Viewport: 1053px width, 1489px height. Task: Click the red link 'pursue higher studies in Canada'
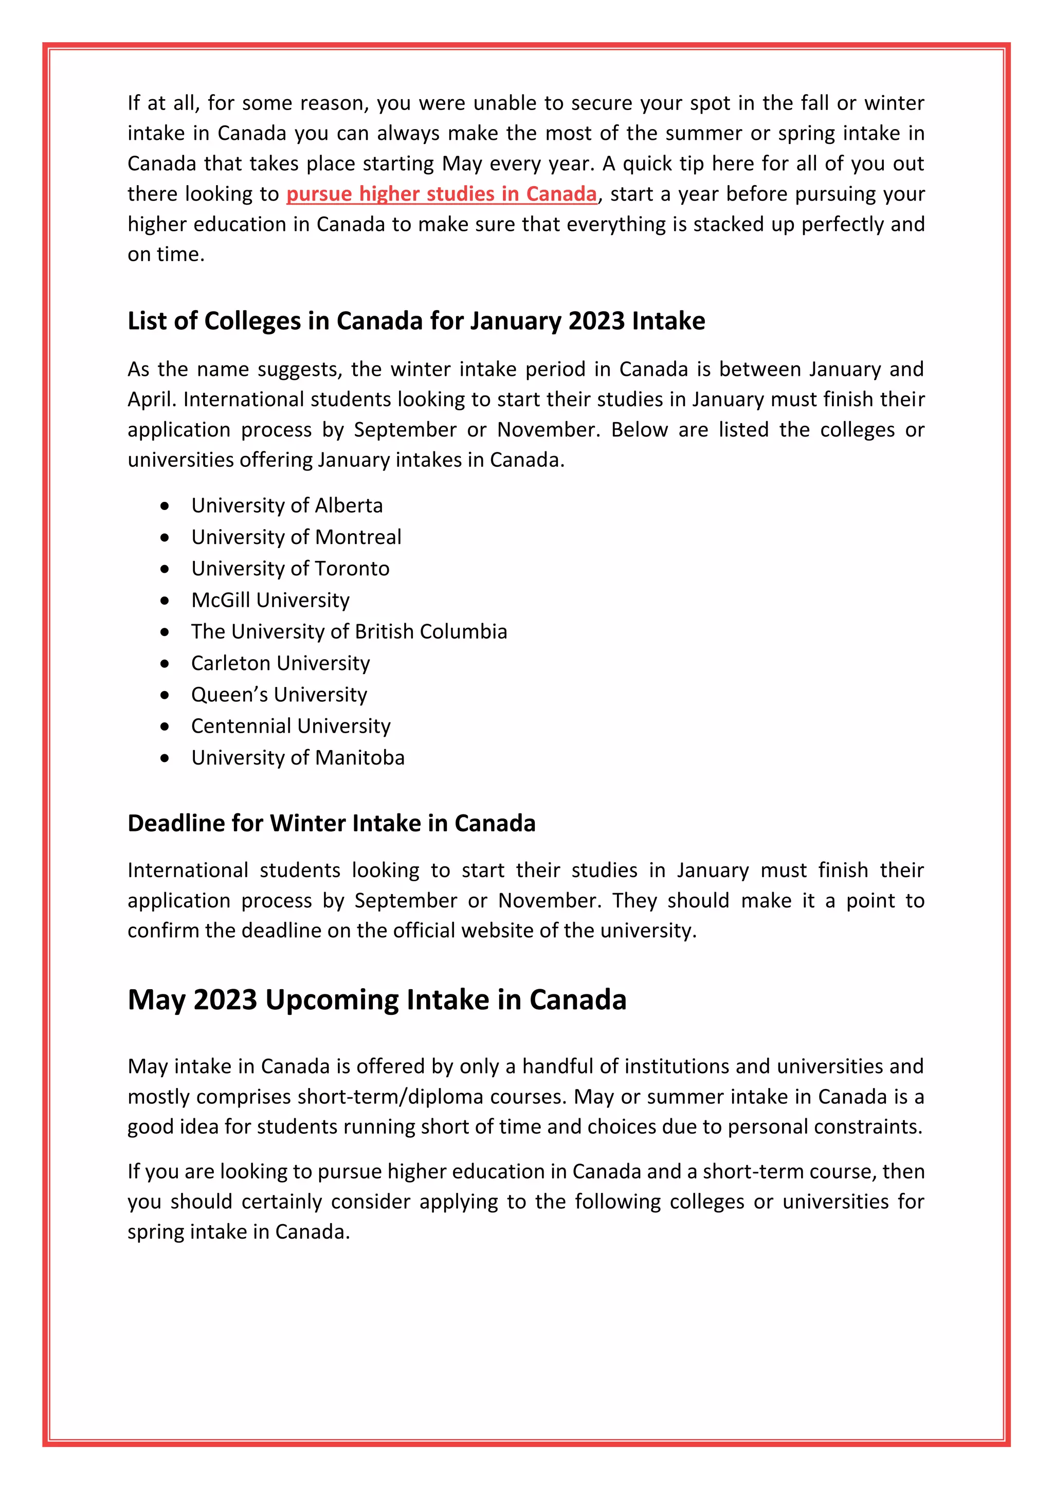[441, 194]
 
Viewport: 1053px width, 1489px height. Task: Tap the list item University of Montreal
[296, 537]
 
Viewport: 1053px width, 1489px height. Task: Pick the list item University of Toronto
[290, 569]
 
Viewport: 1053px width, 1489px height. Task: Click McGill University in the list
[270, 600]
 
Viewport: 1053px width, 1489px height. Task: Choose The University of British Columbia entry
[349, 632]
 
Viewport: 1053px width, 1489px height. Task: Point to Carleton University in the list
[280, 663]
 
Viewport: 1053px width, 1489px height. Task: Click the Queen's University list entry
[279, 695]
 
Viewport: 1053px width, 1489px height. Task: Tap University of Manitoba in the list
[298, 757]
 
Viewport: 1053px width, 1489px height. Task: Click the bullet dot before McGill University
[166, 601]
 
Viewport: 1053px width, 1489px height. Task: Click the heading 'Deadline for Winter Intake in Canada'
[331, 823]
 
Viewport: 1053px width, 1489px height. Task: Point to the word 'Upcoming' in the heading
[331, 1001]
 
